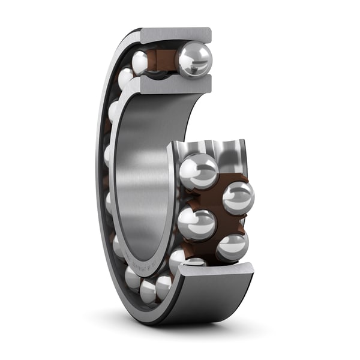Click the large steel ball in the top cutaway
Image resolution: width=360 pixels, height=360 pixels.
194,59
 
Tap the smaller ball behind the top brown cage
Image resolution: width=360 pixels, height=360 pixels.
141,62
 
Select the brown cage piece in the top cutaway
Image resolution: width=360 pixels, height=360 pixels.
163,60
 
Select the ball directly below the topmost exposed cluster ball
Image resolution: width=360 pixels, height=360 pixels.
196,224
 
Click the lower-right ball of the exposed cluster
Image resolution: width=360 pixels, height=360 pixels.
232,246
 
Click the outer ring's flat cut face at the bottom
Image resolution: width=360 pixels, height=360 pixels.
216,271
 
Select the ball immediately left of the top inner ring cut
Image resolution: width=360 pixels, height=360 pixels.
125,78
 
